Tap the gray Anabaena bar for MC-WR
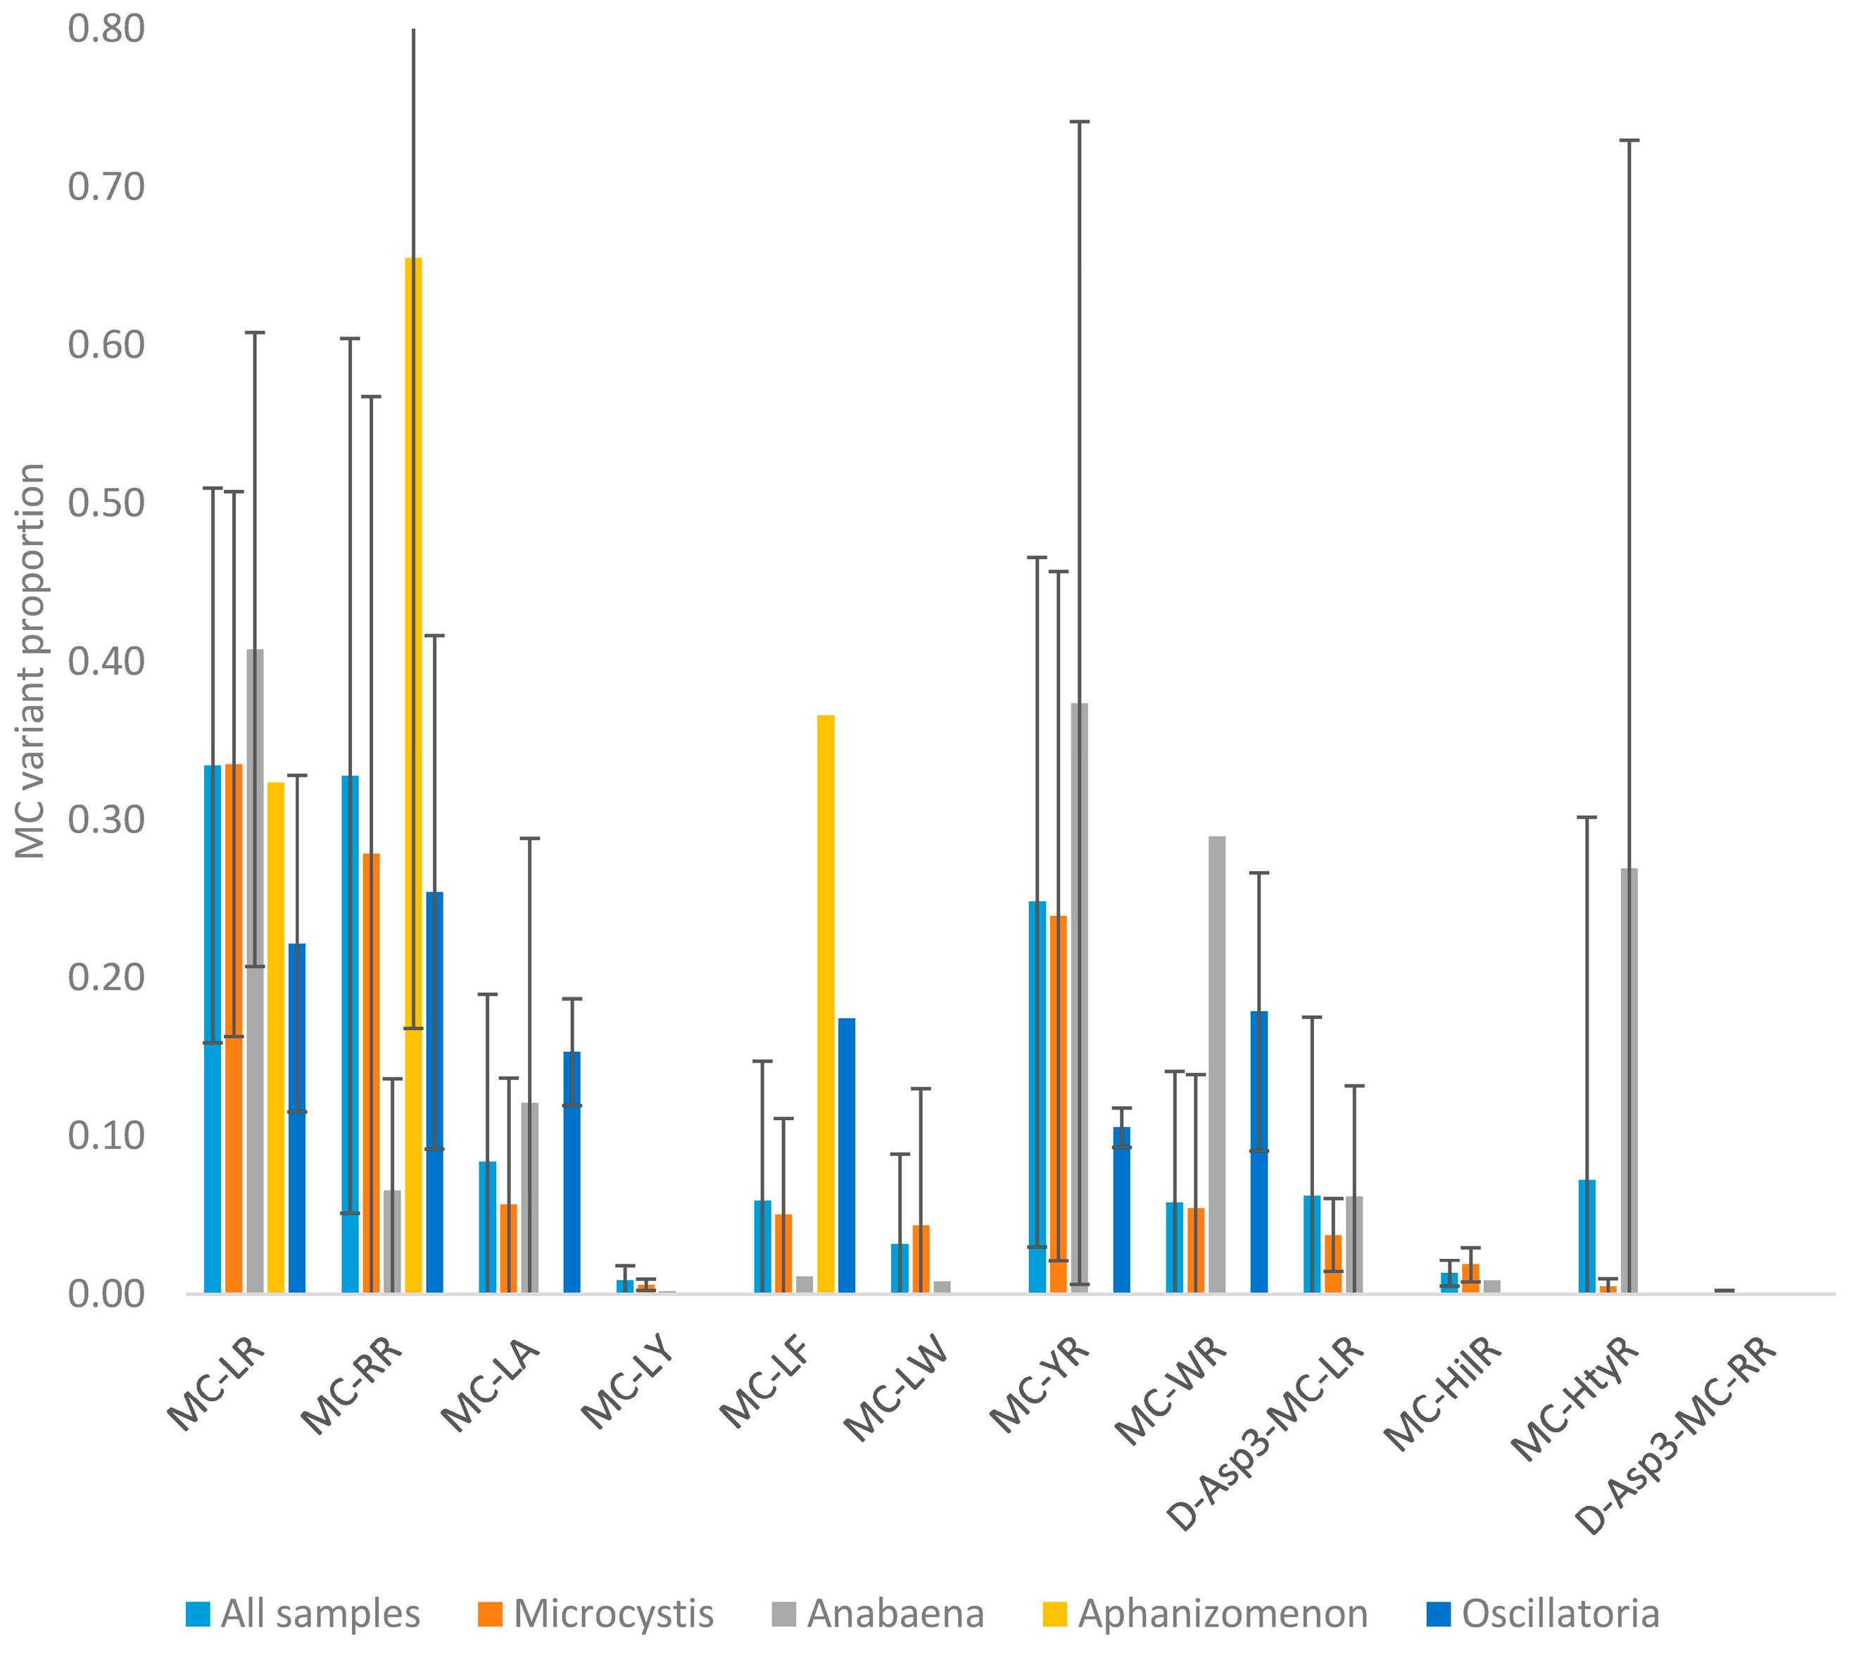coord(1216,1064)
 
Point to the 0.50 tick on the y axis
coord(106,503)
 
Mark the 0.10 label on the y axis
coord(106,1136)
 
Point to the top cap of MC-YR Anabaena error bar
coord(1079,121)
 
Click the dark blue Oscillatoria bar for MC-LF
coord(846,1155)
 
